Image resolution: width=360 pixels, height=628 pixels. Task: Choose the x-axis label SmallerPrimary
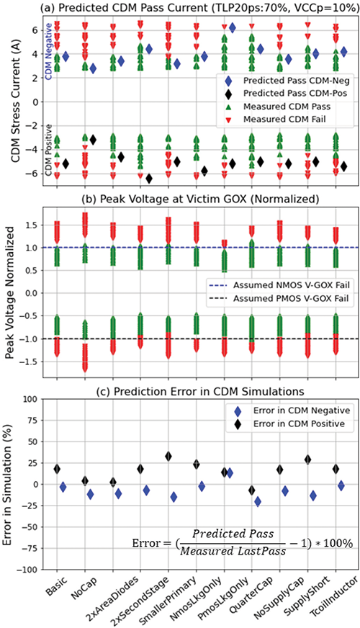pyautogui.click(x=167, y=595)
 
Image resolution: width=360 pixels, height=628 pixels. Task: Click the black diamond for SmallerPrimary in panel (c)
pyautogui.click(x=168, y=456)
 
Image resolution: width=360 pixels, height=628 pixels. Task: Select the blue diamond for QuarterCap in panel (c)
pyautogui.click(x=258, y=501)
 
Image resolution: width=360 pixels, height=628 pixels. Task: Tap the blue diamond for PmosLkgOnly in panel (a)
pyautogui.click(x=232, y=27)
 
